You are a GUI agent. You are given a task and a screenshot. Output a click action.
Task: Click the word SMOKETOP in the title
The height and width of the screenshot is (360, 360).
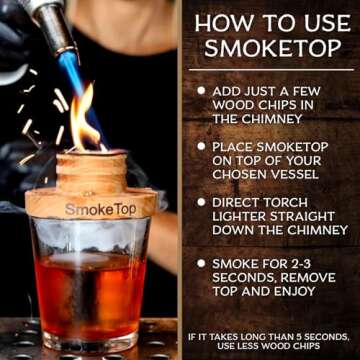coord(269,49)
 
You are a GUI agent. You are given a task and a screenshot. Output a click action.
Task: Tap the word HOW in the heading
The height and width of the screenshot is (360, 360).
coord(218,22)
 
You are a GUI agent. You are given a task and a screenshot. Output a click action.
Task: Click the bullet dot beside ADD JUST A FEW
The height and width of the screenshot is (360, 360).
coord(200,90)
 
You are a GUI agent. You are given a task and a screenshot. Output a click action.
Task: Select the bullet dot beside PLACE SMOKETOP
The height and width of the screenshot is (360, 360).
coord(200,146)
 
